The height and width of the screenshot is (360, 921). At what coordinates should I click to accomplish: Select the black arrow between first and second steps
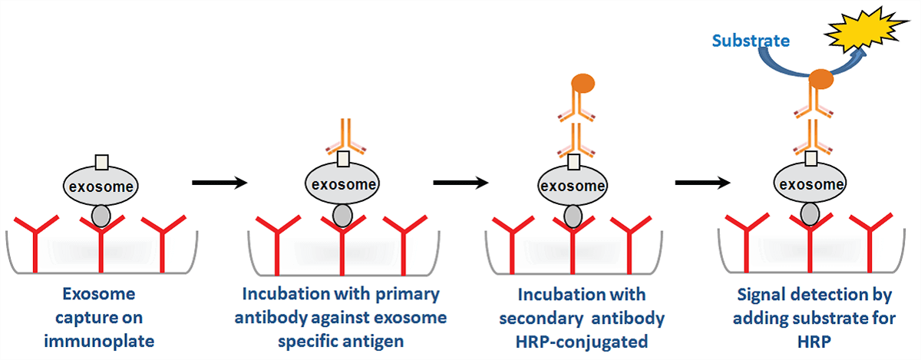click(219, 183)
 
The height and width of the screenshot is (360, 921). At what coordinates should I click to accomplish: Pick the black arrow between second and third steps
click(460, 183)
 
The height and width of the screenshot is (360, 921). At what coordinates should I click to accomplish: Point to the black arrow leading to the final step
click(702, 183)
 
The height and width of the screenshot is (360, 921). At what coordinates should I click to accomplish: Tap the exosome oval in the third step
click(572, 187)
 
